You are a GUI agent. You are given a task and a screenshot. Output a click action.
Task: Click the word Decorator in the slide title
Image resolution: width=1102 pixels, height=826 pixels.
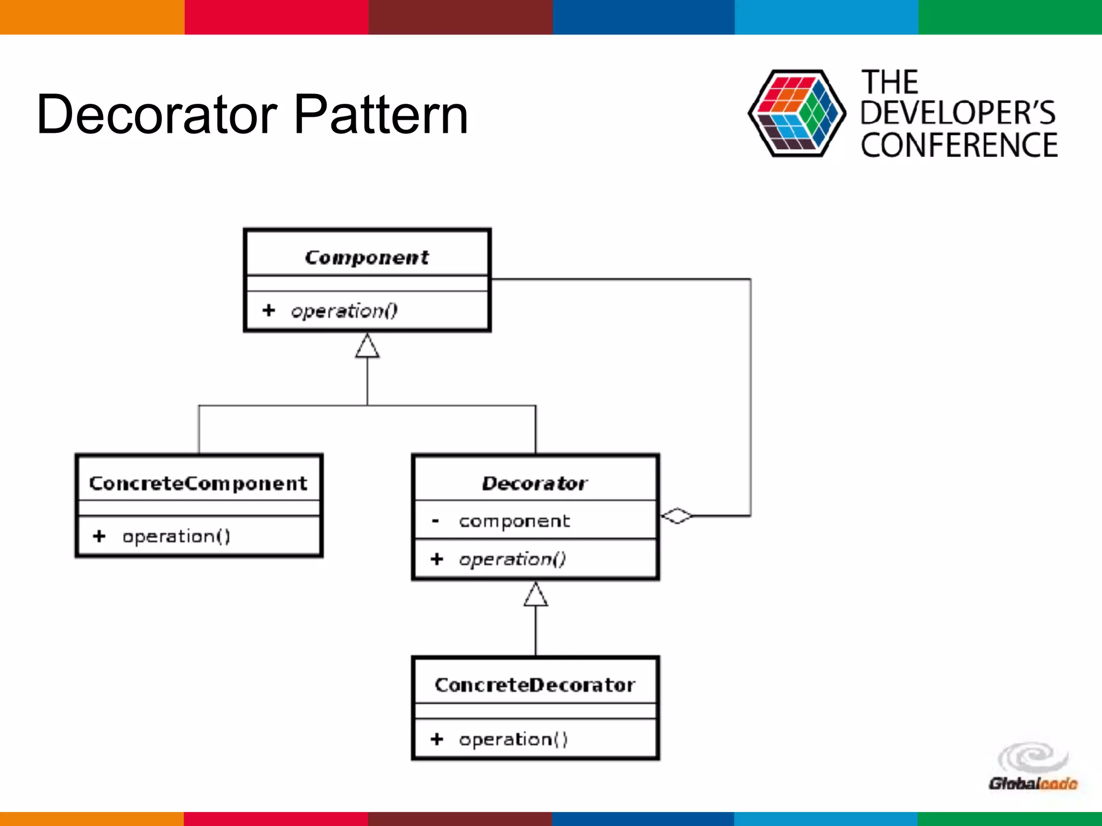pos(157,114)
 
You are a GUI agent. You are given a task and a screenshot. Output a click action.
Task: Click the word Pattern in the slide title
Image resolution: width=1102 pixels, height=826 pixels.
pos(381,114)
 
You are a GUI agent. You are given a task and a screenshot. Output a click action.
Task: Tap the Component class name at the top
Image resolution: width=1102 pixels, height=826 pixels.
pos(367,257)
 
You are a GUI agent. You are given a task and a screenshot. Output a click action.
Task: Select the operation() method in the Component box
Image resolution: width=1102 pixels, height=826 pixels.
pos(344,311)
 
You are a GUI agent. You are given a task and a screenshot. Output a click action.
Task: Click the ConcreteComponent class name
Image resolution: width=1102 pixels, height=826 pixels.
pos(198,483)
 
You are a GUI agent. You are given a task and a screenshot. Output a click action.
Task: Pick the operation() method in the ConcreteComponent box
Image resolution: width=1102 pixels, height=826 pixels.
pos(176,536)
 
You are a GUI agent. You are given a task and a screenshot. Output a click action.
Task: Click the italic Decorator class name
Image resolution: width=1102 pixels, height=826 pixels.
pos(535,483)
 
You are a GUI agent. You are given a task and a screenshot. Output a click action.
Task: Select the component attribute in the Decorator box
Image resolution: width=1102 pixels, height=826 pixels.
pos(514,521)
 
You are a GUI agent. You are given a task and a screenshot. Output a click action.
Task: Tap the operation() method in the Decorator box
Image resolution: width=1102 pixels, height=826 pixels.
pos(512,559)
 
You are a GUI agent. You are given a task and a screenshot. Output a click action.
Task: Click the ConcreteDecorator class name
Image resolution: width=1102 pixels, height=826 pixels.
pos(535,685)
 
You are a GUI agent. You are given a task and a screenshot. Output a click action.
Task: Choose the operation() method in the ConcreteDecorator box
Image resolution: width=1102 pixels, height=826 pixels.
pos(513,739)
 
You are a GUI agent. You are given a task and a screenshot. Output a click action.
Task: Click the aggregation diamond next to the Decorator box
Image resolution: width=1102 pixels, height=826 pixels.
pos(677,516)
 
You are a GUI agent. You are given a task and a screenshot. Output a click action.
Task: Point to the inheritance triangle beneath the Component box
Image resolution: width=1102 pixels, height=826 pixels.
pos(368,346)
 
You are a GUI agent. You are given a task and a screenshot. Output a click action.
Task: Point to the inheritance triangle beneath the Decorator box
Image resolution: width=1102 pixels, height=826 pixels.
pos(535,595)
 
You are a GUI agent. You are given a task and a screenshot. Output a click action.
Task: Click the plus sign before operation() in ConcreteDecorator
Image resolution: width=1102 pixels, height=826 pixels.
pos(437,739)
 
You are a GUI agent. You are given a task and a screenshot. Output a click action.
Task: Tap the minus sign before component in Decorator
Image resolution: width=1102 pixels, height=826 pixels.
pos(435,521)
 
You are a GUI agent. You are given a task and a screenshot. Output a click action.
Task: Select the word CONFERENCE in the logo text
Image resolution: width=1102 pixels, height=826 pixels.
pos(959,145)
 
